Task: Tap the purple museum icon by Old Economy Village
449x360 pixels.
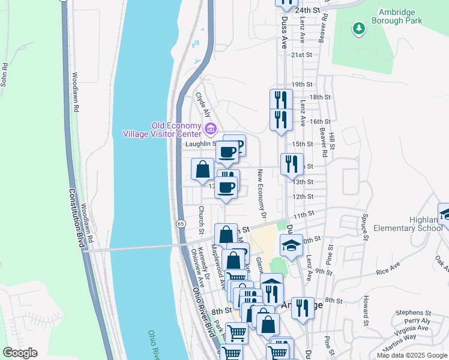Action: [210, 128]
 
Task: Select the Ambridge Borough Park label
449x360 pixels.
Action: [400, 16]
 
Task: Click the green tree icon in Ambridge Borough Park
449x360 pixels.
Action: [358, 28]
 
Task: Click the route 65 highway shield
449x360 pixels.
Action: [180, 223]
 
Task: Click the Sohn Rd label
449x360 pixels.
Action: [5, 74]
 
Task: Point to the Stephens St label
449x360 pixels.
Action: [413, 313]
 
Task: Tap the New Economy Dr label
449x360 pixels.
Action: [262, 193]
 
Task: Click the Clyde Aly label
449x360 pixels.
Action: [203, 104]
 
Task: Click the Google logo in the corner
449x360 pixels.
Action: [20, 353]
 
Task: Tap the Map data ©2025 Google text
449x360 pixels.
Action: [411, 355]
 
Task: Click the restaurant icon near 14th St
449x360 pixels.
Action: [290, 164]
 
